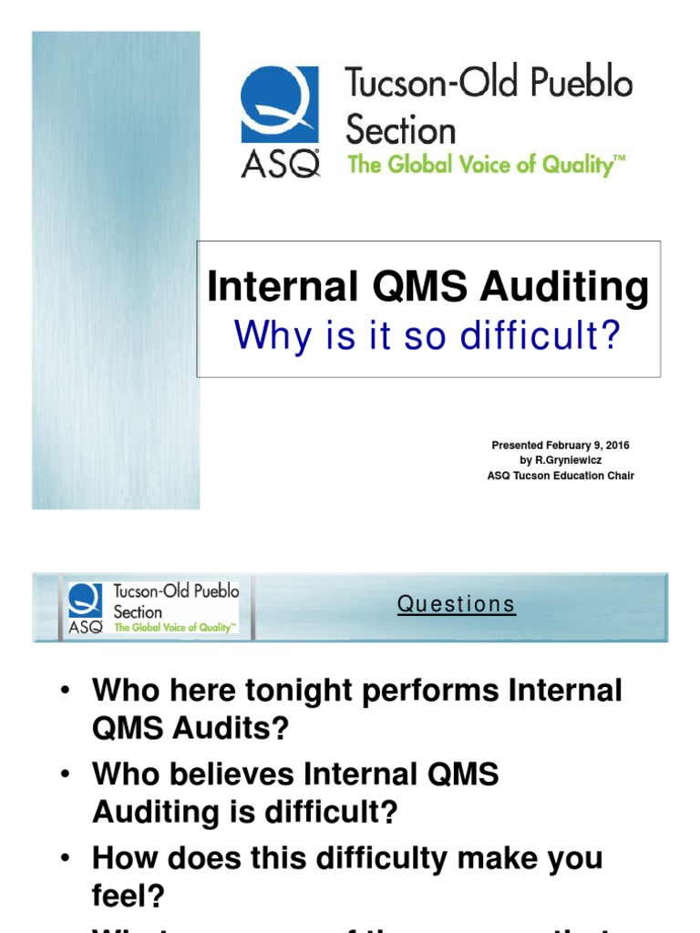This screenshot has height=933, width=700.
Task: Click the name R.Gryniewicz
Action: click(x=567, y=460)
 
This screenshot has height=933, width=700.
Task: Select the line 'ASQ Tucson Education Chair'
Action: click(x=561, y=476)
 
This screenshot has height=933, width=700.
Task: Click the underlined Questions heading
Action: click(x=457, y=604)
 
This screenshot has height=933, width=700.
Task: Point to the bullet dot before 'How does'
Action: click(x=66, y=859)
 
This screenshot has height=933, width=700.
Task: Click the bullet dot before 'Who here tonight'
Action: click(x=66, y=691)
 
